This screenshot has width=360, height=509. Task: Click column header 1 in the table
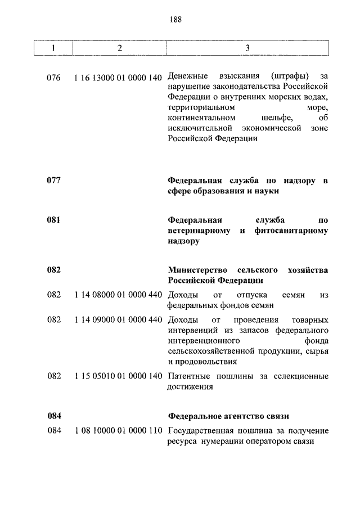(53, 48)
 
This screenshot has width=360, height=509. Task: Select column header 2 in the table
(119, 48)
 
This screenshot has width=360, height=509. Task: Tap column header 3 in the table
(247, 48)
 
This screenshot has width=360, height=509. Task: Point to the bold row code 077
(54, 181)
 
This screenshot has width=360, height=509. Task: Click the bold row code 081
(54, 220)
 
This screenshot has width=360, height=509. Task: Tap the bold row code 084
(54, 416)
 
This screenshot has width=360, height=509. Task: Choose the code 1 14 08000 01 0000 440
(118, 295)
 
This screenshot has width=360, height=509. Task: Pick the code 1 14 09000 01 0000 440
(118, 319)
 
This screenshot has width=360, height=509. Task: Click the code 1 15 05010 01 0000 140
(118, 376)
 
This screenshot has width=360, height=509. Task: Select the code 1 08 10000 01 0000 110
(118, 431)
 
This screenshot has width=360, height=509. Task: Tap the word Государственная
(201, 431)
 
